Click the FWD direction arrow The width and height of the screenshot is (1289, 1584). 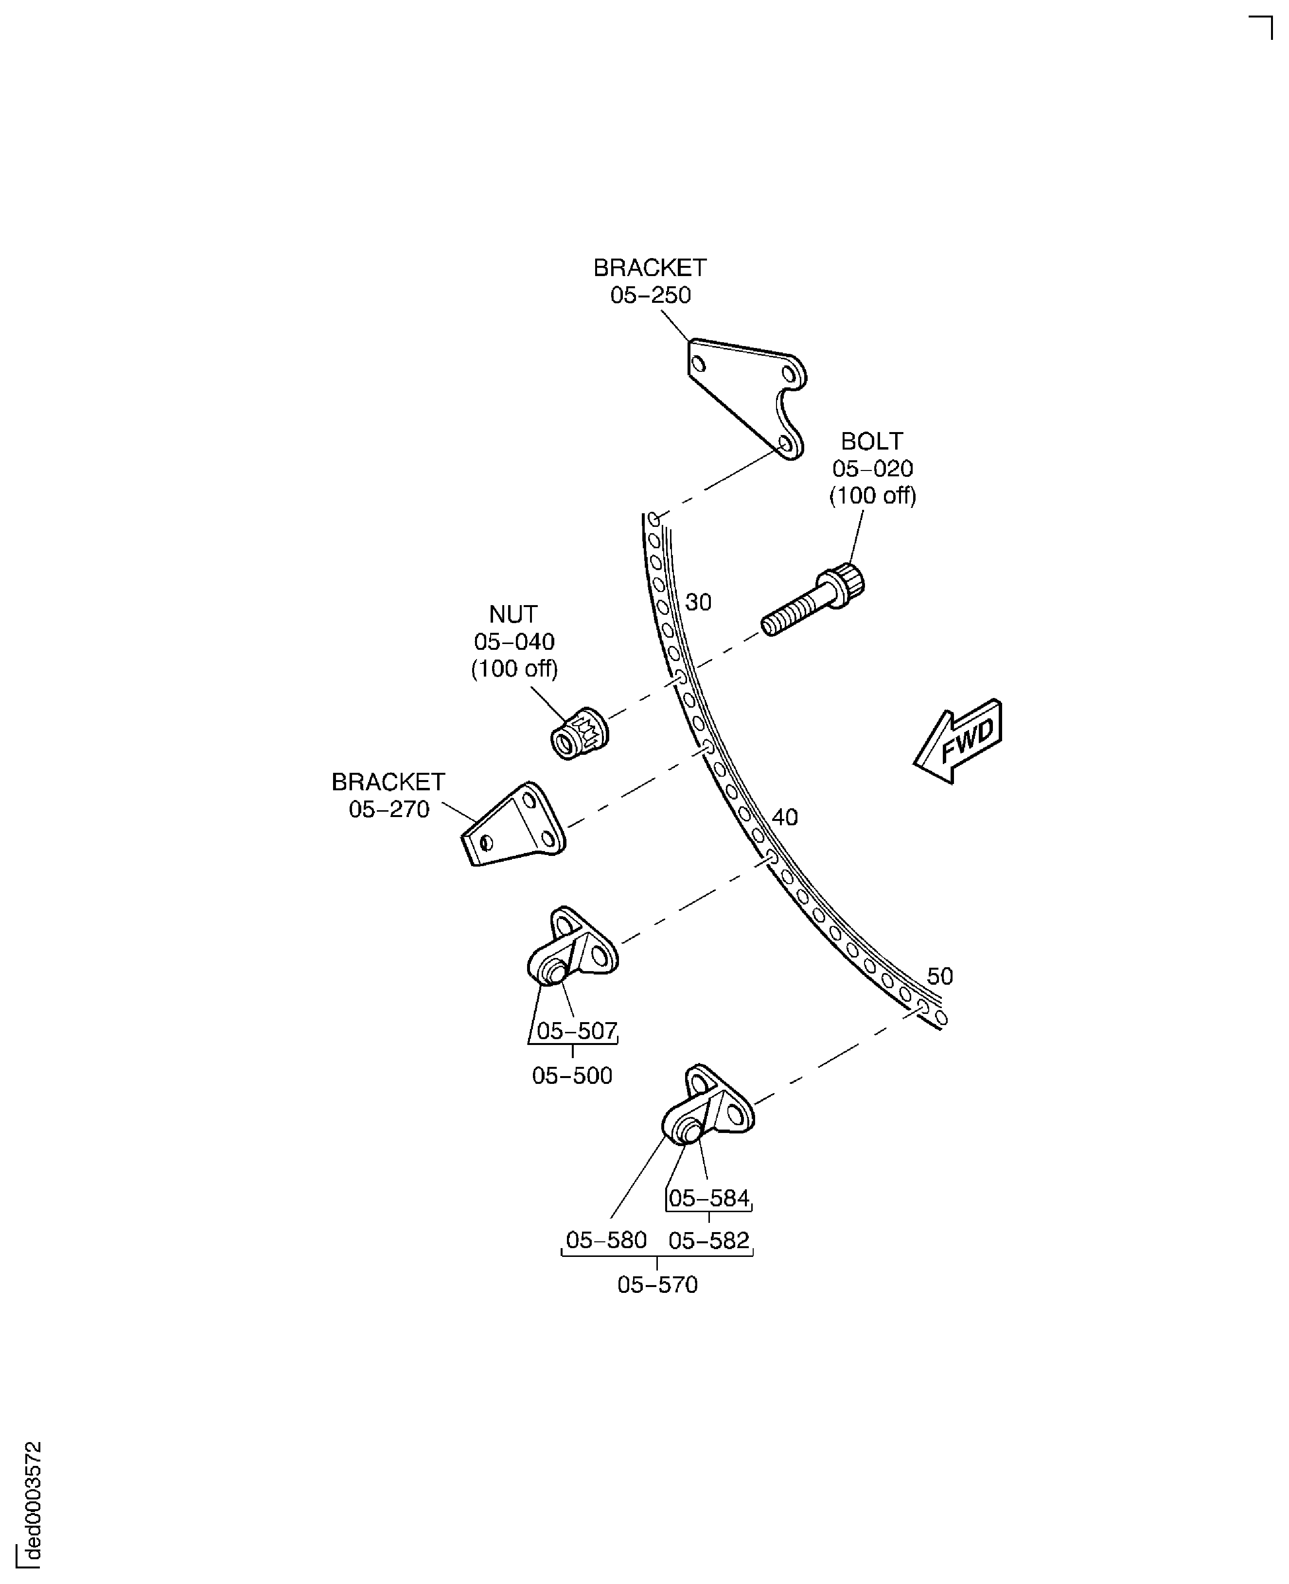point(958,742)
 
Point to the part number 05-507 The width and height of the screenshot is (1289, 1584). point(577,1031)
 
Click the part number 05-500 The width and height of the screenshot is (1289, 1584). point(572,1076)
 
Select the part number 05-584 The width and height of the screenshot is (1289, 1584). point(709,1198)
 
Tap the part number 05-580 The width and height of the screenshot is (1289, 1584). point(606,1240)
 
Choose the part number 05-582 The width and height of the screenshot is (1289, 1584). point(709,1240)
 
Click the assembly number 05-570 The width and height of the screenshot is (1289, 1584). point(657,1285)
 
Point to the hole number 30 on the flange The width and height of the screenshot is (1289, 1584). point(698,602)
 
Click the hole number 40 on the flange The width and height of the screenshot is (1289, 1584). point(785,817)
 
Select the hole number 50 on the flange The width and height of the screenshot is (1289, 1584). point(940,976)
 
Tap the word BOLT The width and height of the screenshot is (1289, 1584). point(872,442)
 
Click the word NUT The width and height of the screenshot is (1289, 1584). point(513,615)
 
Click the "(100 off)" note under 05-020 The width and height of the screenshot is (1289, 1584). point(872,496)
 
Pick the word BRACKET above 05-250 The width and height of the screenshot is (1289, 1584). point(650,268)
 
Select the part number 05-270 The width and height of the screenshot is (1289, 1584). point(389,810)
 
